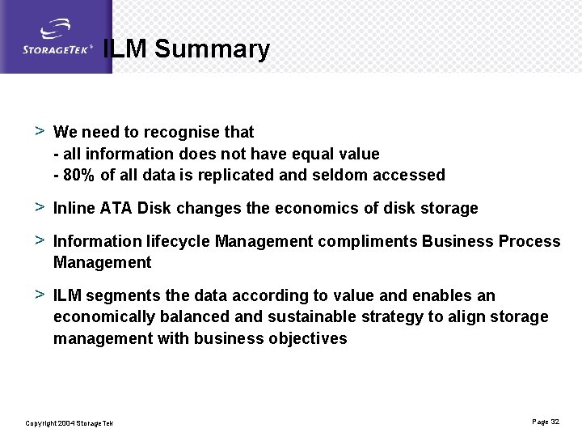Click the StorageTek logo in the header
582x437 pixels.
pyautogui.click(x=57, y=39)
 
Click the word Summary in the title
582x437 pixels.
pyautogui.click(x=212, y=49)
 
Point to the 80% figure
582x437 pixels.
pyautogui.click(x=78, y=175)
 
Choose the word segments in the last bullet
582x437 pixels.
pyautogui.click(x=120, y=295)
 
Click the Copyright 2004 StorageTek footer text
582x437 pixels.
pyautogui.click(x=70, y=423)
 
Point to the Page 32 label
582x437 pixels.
pyautogui.click(x=546, y=422)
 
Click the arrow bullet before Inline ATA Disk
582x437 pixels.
pyautogui.click(x=39, y=207)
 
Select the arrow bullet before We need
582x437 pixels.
pyautogui.click(x=39, y=131)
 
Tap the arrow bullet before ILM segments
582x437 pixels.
pyautogui.click(x=39, y=295)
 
